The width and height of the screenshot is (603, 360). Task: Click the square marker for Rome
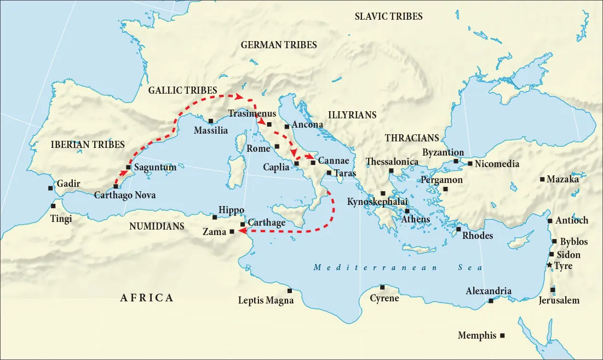[278, 146]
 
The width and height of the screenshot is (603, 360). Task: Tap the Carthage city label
[267, 223]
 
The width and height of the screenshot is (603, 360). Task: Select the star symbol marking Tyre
[550, 265]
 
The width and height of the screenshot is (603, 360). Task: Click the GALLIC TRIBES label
[182, 90]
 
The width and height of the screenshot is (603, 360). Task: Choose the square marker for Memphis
[503, 335]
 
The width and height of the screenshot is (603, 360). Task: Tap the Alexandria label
[489, 292]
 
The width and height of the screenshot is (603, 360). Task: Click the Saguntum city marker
[128, 167]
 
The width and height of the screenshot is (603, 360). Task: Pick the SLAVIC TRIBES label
[388, 16]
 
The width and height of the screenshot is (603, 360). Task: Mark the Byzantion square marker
[456, 161]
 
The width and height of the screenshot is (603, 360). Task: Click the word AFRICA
[147, 298]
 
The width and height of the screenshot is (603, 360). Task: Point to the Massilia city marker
[211, 121]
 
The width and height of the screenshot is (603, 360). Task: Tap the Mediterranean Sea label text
[398, 267]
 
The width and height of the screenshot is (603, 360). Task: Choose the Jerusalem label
[559, 300]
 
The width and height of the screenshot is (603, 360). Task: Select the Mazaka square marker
[542, 179]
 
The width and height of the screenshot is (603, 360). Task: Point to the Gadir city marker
[50, 188]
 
